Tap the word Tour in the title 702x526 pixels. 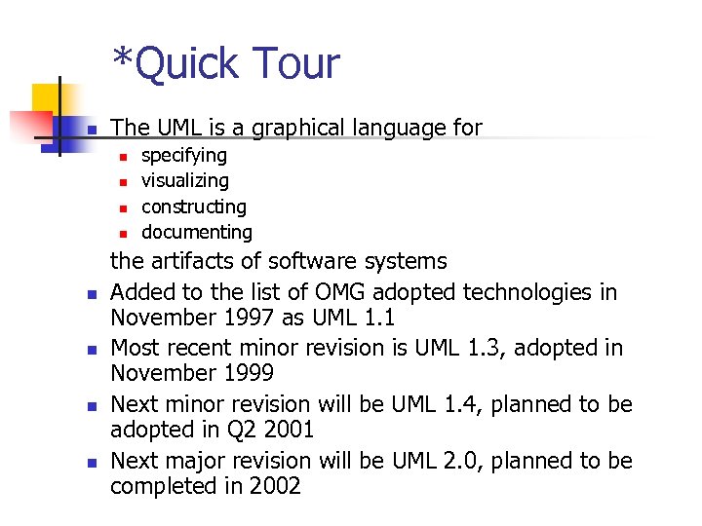(x=293, y=64)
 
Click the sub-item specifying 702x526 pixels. (x=184, y=156)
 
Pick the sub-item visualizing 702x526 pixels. (x=185, y=181)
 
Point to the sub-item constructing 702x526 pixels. (x=194, y=207)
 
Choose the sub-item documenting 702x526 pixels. (x=197, y=232)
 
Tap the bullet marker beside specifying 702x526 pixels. (x=123, y=156)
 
